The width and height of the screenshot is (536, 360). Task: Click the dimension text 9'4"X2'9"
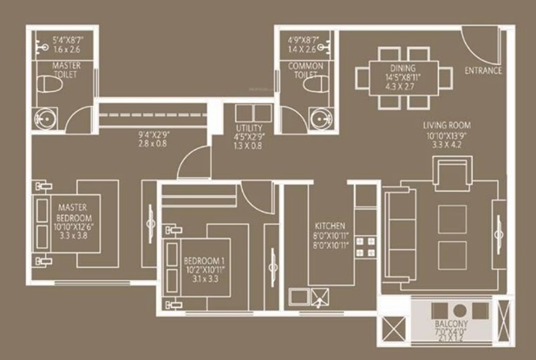153,136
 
